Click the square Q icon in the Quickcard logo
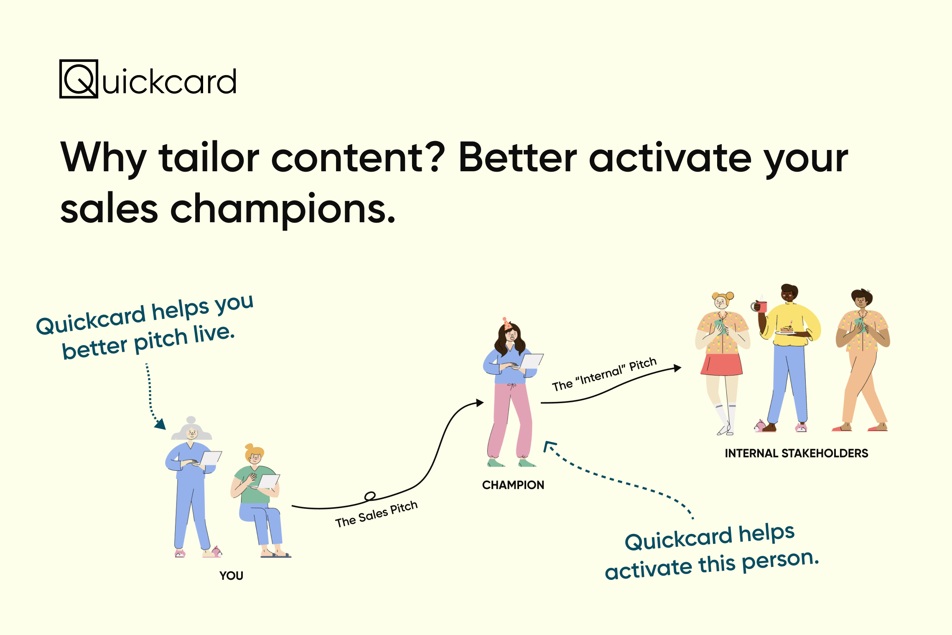click(x=79, y=79)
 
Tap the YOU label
click(x=231, y=575)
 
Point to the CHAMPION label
click(x=513, y=485)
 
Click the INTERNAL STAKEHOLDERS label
click(x=797, y=453)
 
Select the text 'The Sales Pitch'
click(x=377, y=514)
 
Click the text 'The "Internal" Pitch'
click(x=604, y=374)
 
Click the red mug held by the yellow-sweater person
click(x=762, y=307)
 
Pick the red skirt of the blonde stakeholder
click(x=721, y=364)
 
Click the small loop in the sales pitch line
click(x=370, y=496)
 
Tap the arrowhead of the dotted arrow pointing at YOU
click(x=160, y=424)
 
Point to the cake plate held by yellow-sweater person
click(x=787, y=332)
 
